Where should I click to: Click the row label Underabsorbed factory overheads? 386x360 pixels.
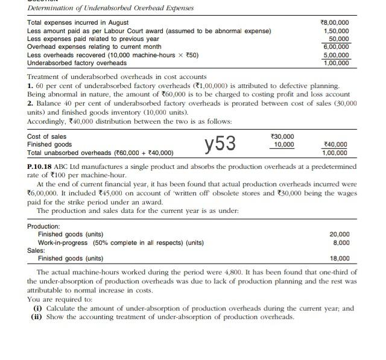point(77,63)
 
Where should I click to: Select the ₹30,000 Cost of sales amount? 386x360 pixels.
point(283,137)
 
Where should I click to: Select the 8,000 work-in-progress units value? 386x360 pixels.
point(341,242)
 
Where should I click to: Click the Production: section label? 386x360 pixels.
point(44,226)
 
